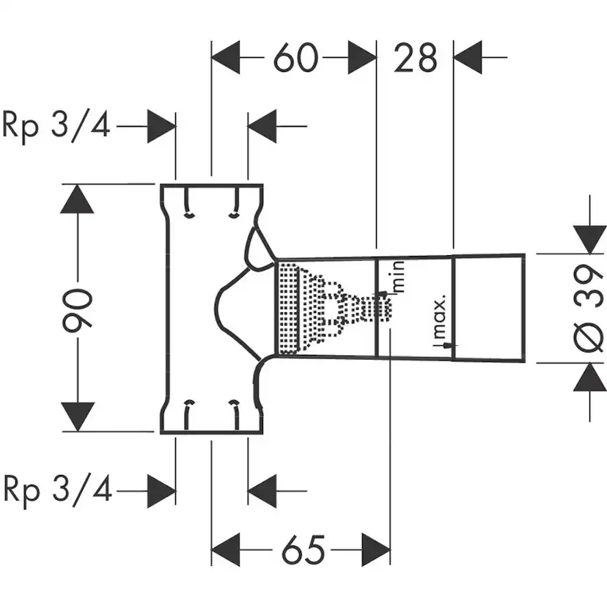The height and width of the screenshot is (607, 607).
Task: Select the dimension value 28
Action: coord(416,58)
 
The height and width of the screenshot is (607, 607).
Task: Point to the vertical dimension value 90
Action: coord(78,309)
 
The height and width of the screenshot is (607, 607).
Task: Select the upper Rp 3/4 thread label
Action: coord(56,125)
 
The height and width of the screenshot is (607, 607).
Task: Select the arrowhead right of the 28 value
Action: coord(470,58)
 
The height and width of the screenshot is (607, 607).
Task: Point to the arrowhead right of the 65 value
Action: coord(375,549)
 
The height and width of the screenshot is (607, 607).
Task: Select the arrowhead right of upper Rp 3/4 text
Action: coord(161,126)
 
